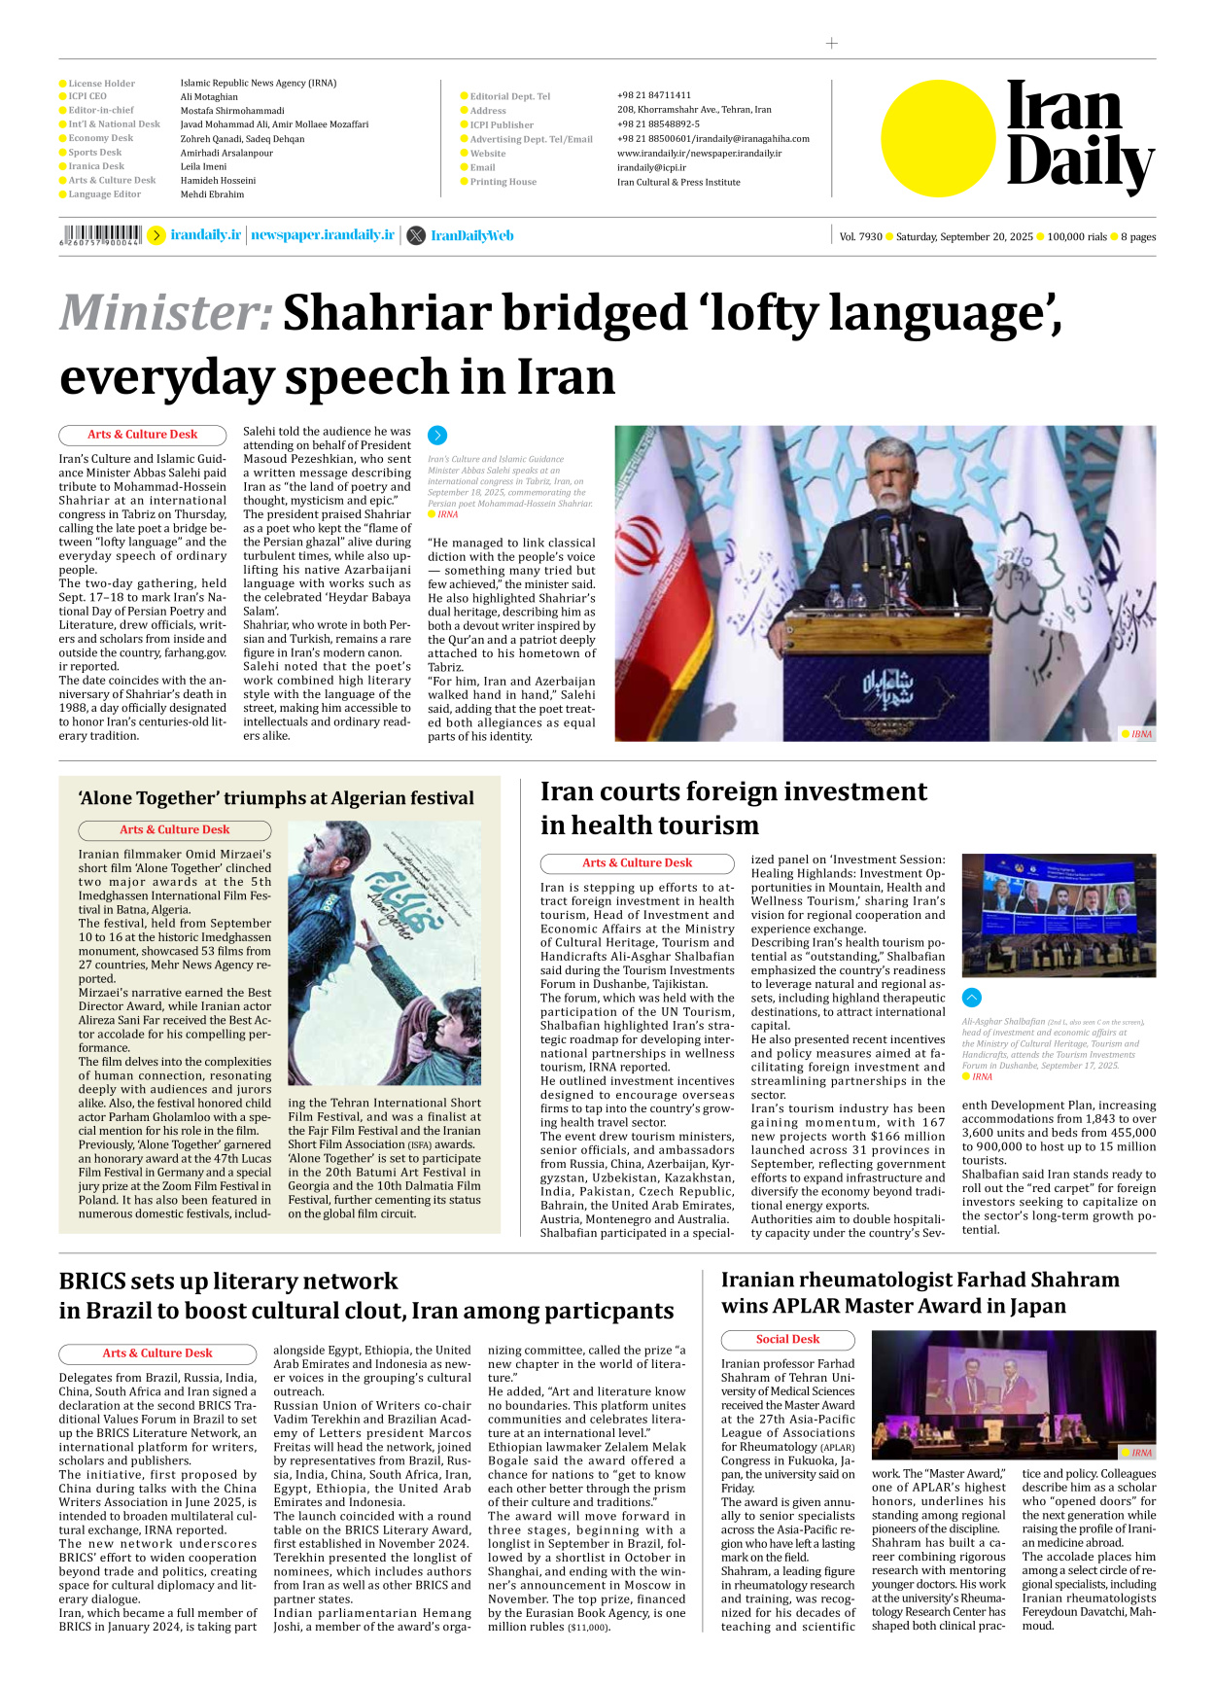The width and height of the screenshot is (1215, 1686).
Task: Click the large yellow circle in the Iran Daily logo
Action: click(x=938, y=138)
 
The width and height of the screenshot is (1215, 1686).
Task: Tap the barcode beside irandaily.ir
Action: click(x=101, y=234)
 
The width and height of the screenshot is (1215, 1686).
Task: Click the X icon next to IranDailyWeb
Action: click(x=416, y=235)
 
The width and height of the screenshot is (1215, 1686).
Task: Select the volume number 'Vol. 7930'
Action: click(x=860, y=236)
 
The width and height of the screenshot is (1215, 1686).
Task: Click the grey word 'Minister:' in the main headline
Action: click(x=166, y=313)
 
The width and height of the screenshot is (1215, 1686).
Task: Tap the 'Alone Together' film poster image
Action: click(x=384, y=953)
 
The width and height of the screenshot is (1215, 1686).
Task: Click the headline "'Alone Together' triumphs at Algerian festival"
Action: click(x=276, y=798)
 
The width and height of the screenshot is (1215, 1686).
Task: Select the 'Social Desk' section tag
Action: click(x=787, y=1340)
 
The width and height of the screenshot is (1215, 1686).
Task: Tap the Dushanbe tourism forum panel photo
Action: click(x=1059, y=914)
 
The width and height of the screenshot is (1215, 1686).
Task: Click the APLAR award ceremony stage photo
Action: click(x=1013, y=1394)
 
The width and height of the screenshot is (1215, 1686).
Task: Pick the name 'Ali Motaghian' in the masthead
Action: click(x=209, y=97)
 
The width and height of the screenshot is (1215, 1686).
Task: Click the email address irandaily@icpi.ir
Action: click(x=651, y=167)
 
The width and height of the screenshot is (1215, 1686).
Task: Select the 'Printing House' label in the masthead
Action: click(x=503, y=182)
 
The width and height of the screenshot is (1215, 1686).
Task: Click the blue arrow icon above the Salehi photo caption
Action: click(x=437, y=436)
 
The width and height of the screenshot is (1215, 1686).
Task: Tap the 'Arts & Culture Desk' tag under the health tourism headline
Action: click(x=637, y=863)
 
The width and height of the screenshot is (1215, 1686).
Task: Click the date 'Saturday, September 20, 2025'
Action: click(x=963, y=236)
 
